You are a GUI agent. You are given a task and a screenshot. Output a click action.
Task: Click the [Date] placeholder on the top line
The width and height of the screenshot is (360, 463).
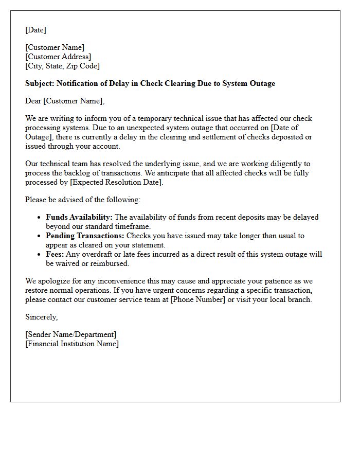point(35,30)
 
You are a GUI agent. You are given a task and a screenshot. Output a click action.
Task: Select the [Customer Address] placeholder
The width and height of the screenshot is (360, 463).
point(58,57)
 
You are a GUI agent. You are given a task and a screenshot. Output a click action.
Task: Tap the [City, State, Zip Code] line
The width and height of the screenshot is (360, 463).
point(62,66)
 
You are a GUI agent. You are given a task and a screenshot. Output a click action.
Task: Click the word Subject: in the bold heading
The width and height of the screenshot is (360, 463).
point(40,83)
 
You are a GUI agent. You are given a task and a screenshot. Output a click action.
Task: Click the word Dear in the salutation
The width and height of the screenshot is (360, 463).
point(33,101)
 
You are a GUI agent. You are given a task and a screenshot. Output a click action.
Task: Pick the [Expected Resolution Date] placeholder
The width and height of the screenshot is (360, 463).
point(116,182)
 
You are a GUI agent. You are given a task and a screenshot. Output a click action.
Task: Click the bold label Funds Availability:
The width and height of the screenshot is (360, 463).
point(79,217)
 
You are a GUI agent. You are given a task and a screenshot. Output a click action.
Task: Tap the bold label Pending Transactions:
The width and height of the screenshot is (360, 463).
point(85,236)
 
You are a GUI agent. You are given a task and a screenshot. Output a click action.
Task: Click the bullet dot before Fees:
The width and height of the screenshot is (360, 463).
point(39,255)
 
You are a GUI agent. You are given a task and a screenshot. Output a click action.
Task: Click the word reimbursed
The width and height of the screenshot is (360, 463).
point(111,263)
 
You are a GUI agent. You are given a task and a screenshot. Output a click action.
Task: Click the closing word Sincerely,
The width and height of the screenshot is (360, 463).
point(41,317)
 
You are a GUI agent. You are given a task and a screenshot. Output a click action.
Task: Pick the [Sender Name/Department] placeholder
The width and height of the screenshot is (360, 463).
point(70,334)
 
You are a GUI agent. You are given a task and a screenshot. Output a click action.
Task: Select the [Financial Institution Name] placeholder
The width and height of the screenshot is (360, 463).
point(71,344)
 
